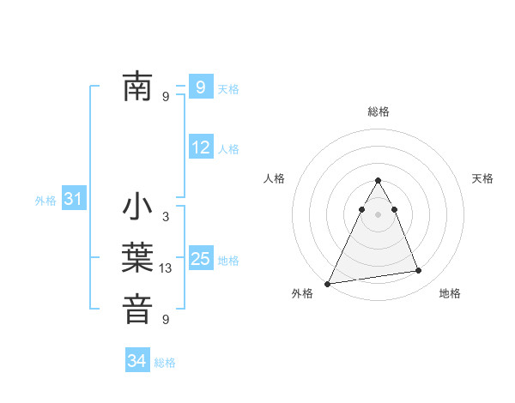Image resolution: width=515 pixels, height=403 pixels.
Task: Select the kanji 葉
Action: click(137, 258)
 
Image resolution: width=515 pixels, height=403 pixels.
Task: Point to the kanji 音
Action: click(137, 310)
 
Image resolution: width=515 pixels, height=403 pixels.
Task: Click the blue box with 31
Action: click(73, 200)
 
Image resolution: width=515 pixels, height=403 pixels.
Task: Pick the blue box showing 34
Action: click(136, 361)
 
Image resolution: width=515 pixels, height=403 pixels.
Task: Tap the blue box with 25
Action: click(200, 259)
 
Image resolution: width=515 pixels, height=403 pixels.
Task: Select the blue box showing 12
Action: click(200, 147)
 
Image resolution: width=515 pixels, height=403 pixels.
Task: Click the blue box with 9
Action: click(200, 87)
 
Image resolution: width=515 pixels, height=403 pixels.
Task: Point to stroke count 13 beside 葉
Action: click(166, 268)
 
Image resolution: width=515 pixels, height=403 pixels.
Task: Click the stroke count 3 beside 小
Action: click(166, 217)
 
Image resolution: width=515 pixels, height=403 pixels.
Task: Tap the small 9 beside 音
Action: click(166, 320)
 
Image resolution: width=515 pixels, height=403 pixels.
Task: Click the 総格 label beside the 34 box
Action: click(165, 363)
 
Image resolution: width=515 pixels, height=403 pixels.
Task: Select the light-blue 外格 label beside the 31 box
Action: click(45, 201)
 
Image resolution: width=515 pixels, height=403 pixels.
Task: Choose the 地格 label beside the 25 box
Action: click(228, 261)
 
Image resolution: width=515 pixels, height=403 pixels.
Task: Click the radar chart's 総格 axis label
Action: click(378, 111)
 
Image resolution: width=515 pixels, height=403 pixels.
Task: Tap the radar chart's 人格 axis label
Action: click(275, 178)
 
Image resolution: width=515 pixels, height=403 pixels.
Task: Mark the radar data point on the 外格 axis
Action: click(328, 283)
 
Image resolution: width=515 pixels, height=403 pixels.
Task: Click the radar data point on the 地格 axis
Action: click(419, 271)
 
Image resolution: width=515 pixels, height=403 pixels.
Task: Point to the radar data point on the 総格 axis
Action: click(378, 181)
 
